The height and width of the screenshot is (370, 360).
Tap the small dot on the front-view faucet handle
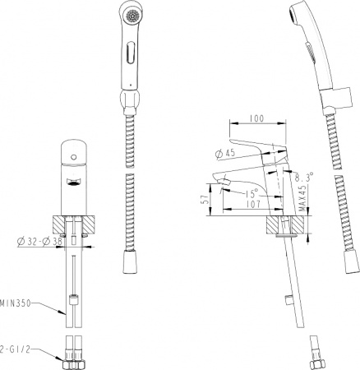tap(74, 153)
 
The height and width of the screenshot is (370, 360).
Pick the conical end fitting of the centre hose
tap(128, 264)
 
